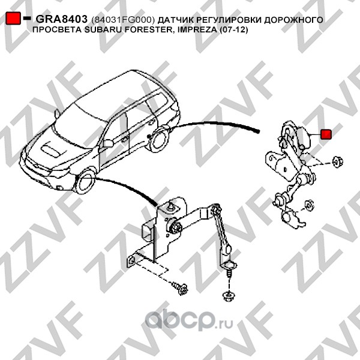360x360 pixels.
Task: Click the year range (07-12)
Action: click(235, 29)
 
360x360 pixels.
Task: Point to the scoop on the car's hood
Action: click(50, 146)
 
